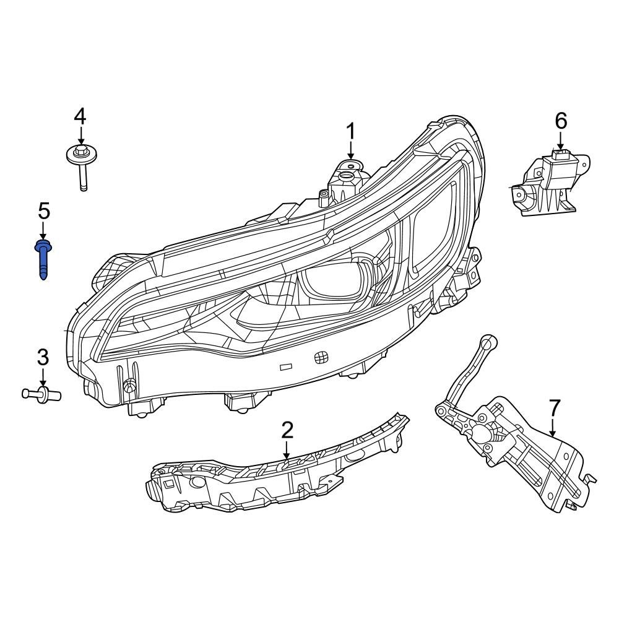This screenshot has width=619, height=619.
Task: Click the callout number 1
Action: (x=350, y=132)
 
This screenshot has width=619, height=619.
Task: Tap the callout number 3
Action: (x=43, y=357)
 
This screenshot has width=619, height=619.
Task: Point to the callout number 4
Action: (x=80, y=116)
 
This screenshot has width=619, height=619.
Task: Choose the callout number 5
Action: (x=43, y=211)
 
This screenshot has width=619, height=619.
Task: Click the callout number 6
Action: (x=560, y=121)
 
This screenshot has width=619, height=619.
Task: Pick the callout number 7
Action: (x=554, y=408)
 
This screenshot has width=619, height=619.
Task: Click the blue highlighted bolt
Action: (x=43, y=260)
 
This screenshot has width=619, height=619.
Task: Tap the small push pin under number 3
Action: (x=41, y=392)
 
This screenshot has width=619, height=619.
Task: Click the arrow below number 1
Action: (x=350, y=150)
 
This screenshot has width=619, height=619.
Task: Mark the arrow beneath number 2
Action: (x=287, y=449)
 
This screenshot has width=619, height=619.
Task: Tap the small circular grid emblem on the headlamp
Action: (x=320, y=357)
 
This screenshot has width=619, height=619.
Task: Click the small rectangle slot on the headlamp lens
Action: (x=287, y=366)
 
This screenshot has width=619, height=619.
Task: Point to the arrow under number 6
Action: (x=560, y=141)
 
